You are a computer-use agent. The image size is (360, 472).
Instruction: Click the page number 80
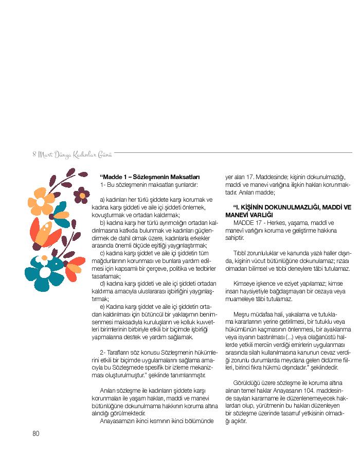point(36,433)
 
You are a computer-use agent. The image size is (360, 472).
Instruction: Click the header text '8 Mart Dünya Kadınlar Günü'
point(72,153)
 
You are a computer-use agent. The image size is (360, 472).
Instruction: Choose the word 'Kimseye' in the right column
point(245,283)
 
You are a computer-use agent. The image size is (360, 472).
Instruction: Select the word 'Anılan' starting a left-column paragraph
point(108,390)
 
